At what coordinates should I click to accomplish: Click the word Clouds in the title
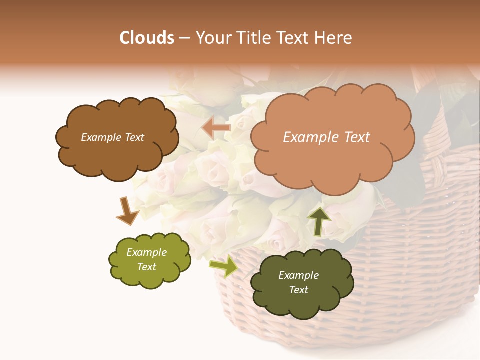click(x=147, y=38)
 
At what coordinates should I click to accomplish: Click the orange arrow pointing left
click(x=216, y=128)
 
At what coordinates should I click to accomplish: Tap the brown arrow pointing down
click(x=127, y=210)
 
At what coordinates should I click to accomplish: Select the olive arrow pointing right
click(x=223, y=265)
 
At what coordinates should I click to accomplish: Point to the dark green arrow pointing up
click(x=318, y=220)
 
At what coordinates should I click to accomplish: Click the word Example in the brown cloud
click(x=101, y=137)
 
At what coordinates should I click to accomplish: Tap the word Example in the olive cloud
click(x=146, y=252)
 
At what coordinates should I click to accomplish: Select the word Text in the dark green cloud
click(x=298, y=290)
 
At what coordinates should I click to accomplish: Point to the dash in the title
click(x=184, y=38)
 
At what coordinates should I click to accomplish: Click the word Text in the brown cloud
click(x=134, y=137)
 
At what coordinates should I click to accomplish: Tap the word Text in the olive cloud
click(x=146, y=267)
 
